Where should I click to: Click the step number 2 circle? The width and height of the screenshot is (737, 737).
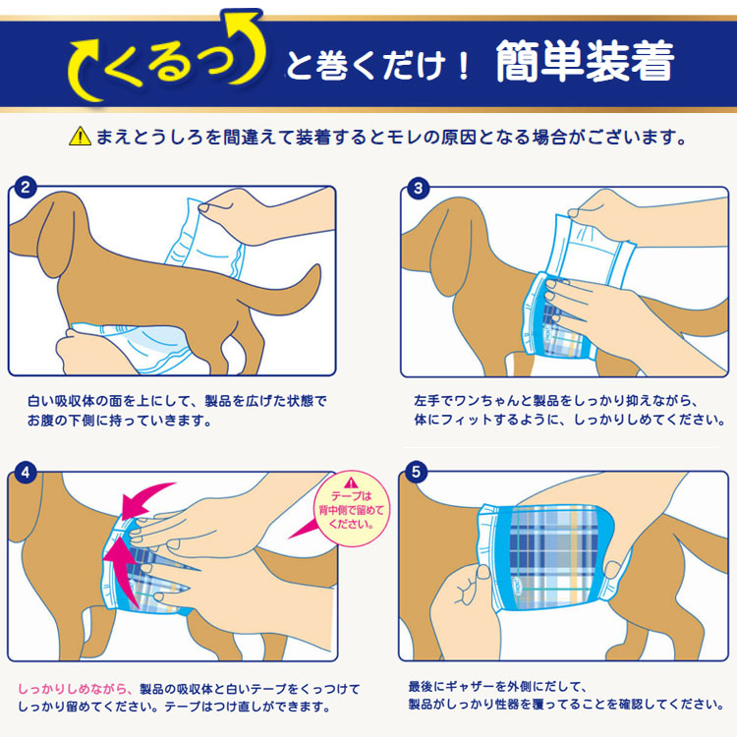pyautogui.click(x=26, y=188)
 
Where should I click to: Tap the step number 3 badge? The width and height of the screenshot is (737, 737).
pyautogui.click(x=418, y=189)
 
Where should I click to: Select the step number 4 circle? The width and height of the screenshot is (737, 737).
pyautogui.click(x=26, y=473)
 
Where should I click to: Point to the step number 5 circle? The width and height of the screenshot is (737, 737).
pyautogui.click(x=416, y=472)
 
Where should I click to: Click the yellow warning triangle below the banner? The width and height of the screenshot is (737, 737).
pyautogui.click(x=80, y=137)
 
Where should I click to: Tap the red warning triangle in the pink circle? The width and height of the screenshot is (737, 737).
pyautogui.click(x=351, y=482)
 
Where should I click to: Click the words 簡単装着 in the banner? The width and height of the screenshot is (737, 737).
pyautogui.click(x=586, y=62)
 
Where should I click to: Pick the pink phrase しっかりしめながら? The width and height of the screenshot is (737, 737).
pyautogui.click(x=73, y=689)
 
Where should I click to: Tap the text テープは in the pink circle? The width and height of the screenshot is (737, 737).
pyautogui.click(x=351, y=496)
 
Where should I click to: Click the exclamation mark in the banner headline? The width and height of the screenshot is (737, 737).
pyautogui.click(x=464, y=66)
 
